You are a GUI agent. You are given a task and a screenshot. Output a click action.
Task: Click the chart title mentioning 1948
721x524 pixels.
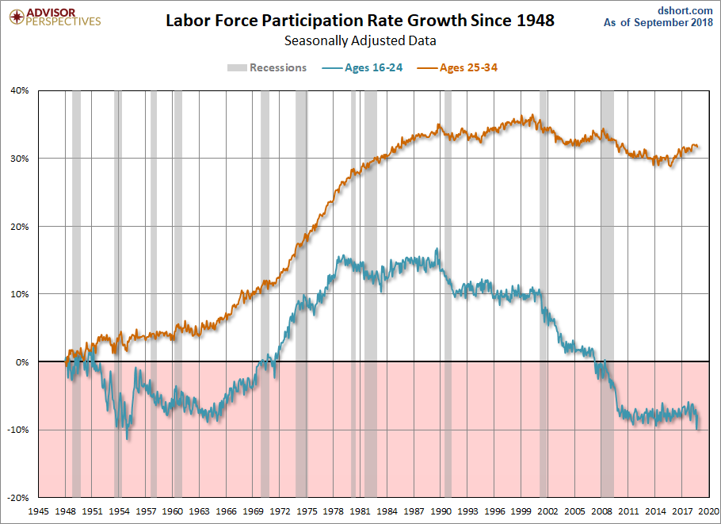(x=360, y=21)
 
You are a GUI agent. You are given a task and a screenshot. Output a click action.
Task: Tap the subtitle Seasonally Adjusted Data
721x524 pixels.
(x=360, y=40)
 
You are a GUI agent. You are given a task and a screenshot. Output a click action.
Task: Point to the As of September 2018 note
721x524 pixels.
(x=658, y=23)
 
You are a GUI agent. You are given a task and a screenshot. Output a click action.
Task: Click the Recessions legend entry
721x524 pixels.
(x=268, y=67)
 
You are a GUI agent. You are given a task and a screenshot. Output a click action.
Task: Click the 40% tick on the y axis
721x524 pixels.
(x=19, y=90)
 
